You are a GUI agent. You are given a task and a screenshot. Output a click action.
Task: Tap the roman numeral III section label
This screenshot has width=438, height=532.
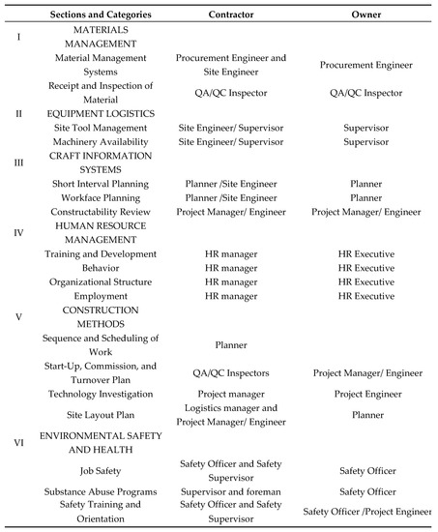click(x=17, y=163)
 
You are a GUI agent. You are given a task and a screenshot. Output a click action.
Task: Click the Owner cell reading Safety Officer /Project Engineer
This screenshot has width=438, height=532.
click(x=365, y=512)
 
